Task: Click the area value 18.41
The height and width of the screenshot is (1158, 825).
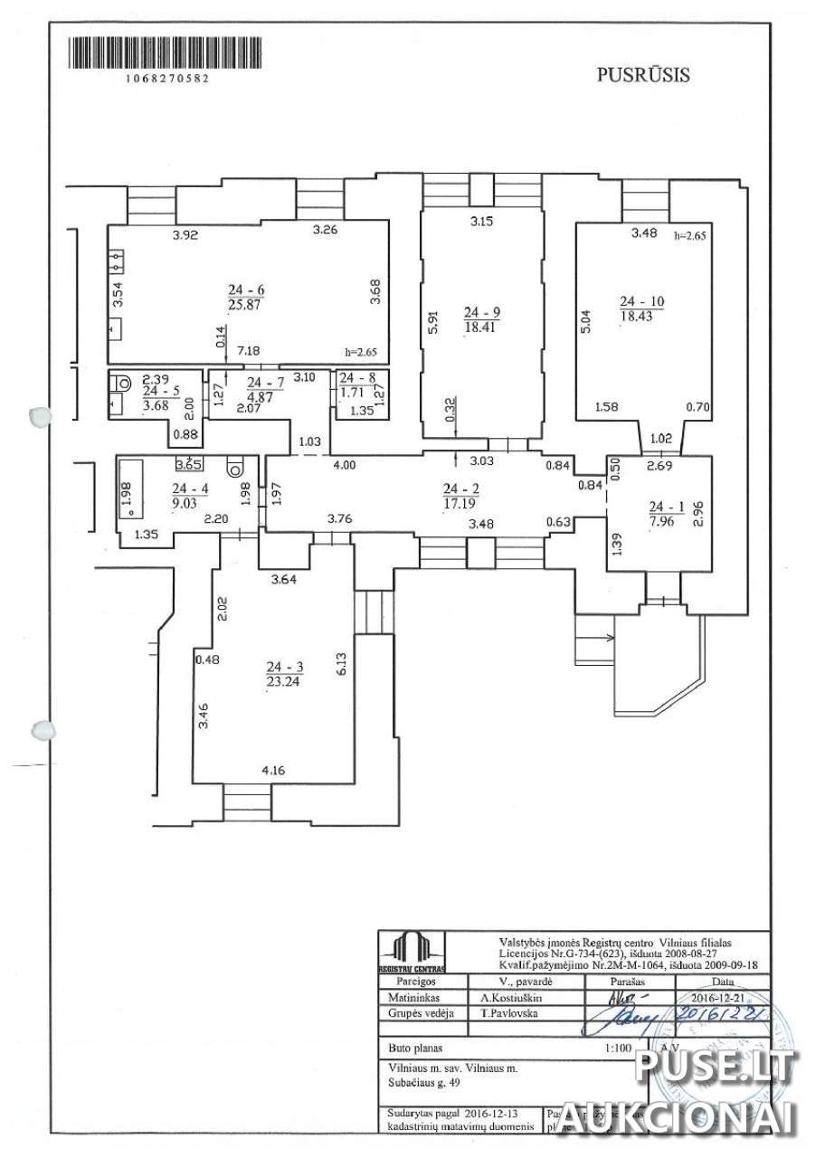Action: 482,327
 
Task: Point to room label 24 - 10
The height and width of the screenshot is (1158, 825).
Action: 641,301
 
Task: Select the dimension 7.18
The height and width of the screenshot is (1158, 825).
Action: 249,350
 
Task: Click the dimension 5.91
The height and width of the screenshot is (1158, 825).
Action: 433,321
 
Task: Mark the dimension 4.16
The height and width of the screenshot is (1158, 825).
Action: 273,771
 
